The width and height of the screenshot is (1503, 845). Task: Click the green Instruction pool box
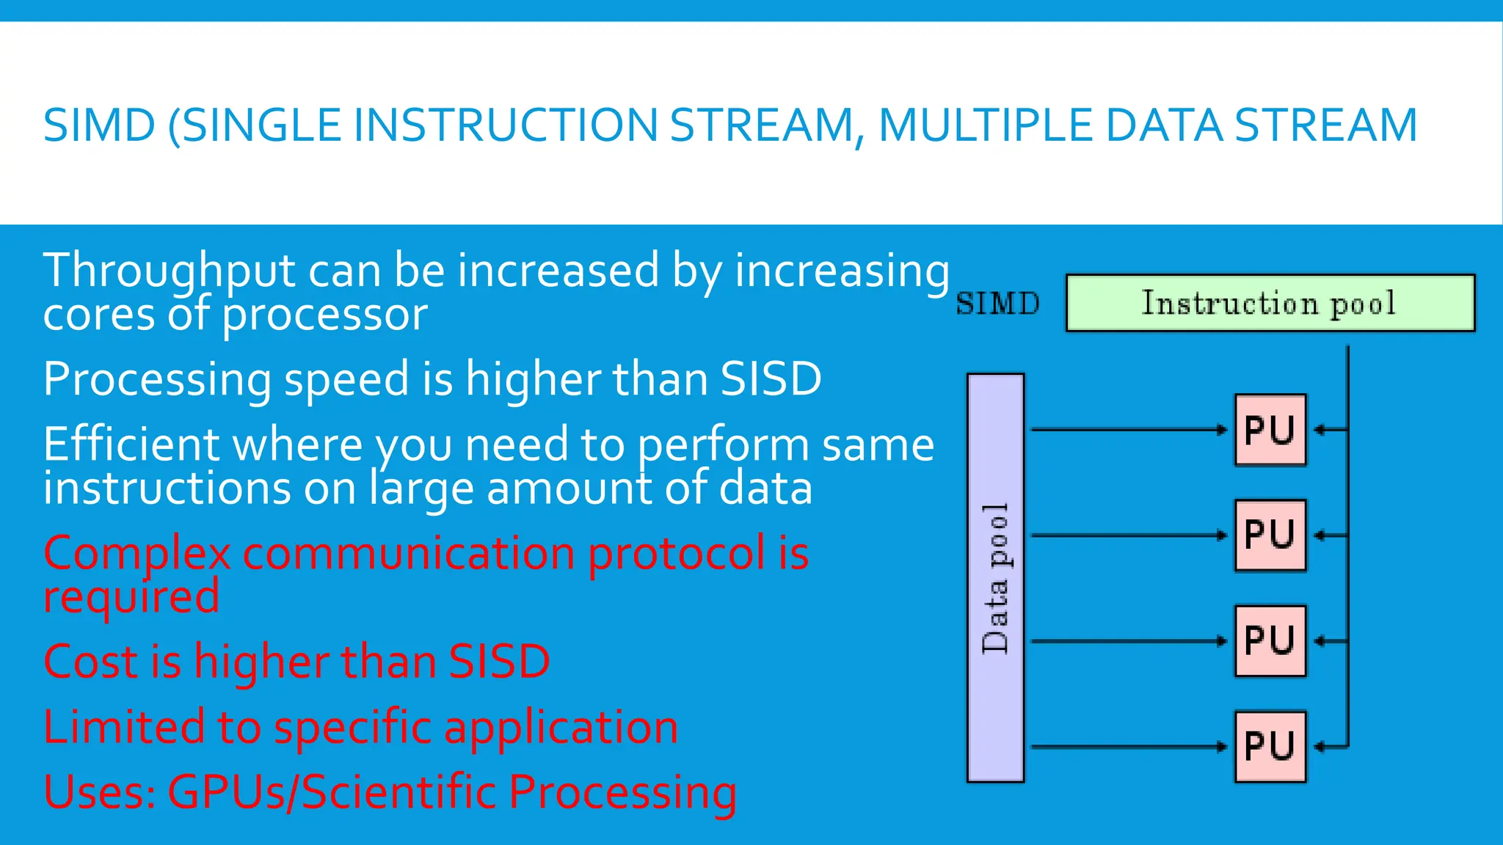click(x=1270, y=303)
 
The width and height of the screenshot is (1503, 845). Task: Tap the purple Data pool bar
click(x=995, y=578)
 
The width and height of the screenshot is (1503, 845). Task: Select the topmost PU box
click(x=1270, y=430)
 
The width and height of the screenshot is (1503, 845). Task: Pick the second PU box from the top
click(x=1270, y=535)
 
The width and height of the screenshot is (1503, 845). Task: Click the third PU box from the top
click(x=1270, y=640)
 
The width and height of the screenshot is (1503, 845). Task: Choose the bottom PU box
click(x=1270, y=746)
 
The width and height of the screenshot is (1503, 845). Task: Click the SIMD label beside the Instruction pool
click(x=997, y=304)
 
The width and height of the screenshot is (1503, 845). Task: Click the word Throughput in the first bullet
click(x=169, y=271)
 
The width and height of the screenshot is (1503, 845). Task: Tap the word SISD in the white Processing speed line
click(x=771, y=379)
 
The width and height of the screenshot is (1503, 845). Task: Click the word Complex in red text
click(x=137, y=553)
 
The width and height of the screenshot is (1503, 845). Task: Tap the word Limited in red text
click(x=123, y=727)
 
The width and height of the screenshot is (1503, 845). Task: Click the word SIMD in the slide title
click(x=99, y=125)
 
